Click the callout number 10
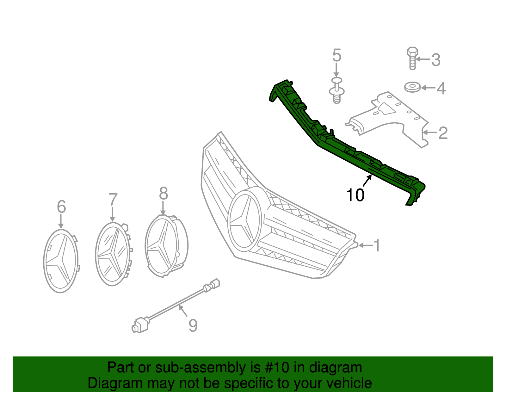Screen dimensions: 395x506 [x=355, y=195]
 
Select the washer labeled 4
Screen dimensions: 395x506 [x=412, y=87]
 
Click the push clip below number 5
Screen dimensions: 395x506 [x=337, y=93]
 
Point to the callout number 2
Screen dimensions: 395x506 [x=443, y=133]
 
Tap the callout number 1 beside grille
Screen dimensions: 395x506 [x=376, y=245]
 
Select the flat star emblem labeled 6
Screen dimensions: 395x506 [x=60, y=261]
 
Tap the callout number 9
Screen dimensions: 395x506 [x=193, y=325]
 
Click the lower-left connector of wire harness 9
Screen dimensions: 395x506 [x=140, y=325]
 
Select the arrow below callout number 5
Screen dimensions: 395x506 [x=336, y=70]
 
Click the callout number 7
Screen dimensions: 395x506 [x=113, y=200]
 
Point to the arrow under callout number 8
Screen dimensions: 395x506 [x=163, y=209]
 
